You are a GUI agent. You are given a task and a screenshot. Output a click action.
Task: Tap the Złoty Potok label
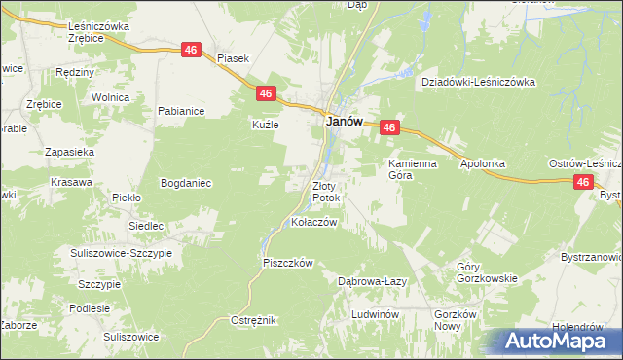click(324, 192)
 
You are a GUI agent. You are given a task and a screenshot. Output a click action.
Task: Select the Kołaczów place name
click(313, 222)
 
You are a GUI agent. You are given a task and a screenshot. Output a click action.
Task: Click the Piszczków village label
click(287, 263)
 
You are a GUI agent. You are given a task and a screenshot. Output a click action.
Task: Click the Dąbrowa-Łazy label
click(372, 281)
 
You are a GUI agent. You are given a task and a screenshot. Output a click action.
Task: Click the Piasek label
click(234, 58)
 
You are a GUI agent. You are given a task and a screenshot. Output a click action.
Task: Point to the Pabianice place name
click(179, 110)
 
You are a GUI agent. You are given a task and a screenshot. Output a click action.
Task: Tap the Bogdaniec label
click(186, 183)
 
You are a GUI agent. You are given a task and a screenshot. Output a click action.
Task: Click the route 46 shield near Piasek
click(192, 50)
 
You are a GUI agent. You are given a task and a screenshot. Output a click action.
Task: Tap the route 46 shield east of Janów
click(389, 127)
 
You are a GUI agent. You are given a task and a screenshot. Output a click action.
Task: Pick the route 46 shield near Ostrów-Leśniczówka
click(583, 182)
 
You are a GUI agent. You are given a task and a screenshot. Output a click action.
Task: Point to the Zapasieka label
click(69, 153)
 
